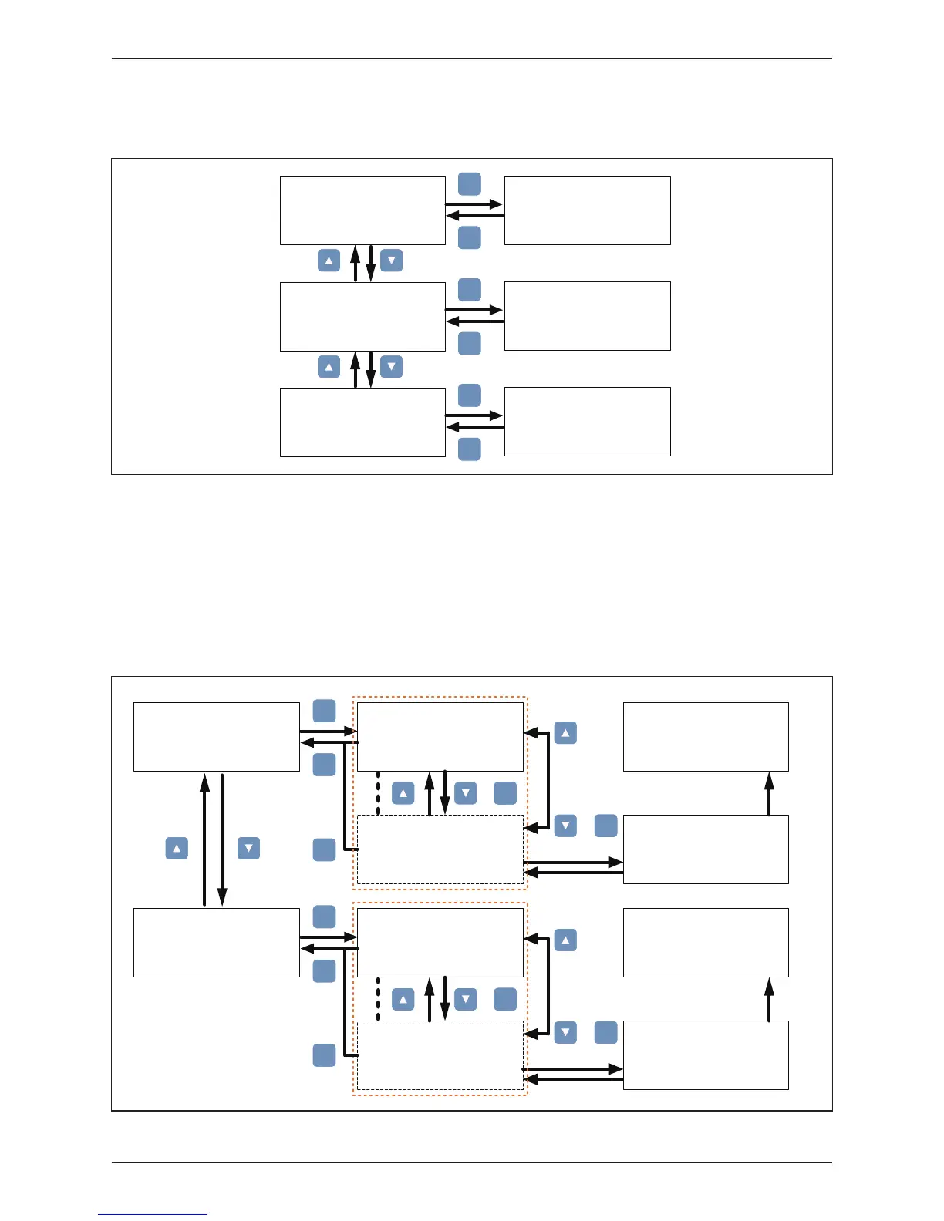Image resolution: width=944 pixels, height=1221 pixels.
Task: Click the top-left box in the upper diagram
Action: click(x=362, y=210)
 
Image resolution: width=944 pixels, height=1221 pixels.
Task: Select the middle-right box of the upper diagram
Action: click(x=587, y=316)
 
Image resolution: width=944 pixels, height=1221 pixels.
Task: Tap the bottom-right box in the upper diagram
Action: click(x=587, y=422)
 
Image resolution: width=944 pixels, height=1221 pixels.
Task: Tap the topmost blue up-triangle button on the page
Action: click(x=329, y=261)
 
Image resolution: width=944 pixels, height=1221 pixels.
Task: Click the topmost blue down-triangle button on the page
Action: click(x=392, y=261)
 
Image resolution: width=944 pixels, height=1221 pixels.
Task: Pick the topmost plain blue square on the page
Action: click(x=470, y=184)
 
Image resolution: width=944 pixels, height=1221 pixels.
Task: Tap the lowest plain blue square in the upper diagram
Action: click(x=470, y=449)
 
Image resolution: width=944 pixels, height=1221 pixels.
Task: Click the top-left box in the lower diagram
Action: click(x=217, y=737)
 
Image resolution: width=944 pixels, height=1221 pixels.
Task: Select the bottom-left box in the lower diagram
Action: click(x=217, y=943)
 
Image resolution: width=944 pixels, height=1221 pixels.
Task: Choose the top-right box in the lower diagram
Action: click(x=706, y=737)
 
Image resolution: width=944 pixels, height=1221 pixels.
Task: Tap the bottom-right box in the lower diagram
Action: click(x=706, y=1055)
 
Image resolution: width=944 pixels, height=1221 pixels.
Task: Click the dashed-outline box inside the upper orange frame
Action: click(x=440, y=849)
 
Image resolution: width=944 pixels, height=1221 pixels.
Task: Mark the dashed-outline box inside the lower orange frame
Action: click(x=440, y=1055)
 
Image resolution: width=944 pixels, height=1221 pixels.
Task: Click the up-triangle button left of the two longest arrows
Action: click(x=177, y=849)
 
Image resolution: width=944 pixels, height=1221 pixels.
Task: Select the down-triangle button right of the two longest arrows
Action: click(x=248, y=849)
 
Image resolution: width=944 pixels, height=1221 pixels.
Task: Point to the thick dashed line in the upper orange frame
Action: click(x=378, y=793)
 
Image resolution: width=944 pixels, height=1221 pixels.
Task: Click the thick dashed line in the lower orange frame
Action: click(x=378, y=999)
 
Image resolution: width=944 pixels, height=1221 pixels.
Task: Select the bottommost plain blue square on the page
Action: click(x=324, y=1055)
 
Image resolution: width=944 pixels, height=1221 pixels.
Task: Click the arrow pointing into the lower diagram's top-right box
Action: click(x=769, y=793)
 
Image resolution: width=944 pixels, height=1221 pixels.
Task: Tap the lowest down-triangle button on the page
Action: click(x=565, y=1032)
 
